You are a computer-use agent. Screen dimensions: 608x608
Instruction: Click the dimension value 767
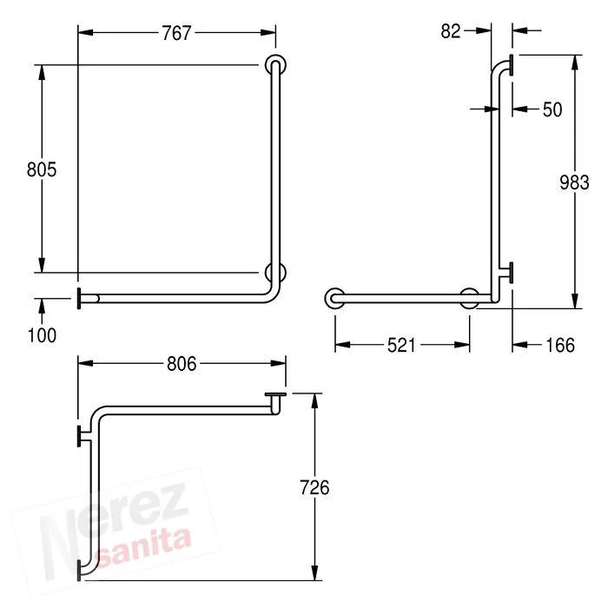click(x=176, y=33)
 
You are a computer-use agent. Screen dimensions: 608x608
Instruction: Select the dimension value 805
click(x=42, y=169)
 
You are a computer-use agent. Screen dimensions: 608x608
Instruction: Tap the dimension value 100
click(x=42, y=335)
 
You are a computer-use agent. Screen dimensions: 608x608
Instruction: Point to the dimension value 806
click(x=182, y=364)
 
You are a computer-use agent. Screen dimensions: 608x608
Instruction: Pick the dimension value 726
click(x=314, y=487)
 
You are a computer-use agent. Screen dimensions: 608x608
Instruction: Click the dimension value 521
click(x=401, y=345)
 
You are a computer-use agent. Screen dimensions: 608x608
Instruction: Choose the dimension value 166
click(x=560, y=345)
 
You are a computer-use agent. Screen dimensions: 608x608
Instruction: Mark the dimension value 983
click(x=574, y=182)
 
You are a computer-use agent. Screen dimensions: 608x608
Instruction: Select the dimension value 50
click(x=552, y=109)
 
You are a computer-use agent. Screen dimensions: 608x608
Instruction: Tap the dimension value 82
click(x=451, y=31)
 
